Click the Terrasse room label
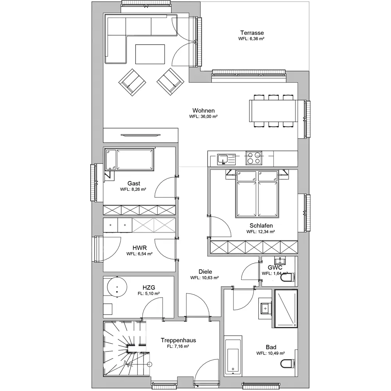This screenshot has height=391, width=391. [x=252, y=33]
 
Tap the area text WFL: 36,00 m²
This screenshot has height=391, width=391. [x=203, y=117]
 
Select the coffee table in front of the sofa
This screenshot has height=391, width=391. [x=150, y=54]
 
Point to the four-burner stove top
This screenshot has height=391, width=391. [x=254, y=158]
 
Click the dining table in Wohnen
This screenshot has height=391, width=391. [x=273, y=111]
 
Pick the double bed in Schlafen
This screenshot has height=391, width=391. [x=256, y=194]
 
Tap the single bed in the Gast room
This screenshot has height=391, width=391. [x=129, y=160]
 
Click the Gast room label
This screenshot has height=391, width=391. [x=134, y=183]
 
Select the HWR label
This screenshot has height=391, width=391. [x=140, y=248]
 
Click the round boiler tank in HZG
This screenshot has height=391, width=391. [x=117, y=287]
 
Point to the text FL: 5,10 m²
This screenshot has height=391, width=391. [x=149, y=294]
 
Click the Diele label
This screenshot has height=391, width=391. [x=205, y=272]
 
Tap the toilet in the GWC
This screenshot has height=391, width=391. [x=290, y=277]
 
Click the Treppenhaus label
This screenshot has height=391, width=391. [x=178, y=341]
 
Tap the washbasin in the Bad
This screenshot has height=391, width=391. [x=265, y=308]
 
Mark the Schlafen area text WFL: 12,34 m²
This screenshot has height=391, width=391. [x=260, y=231]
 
